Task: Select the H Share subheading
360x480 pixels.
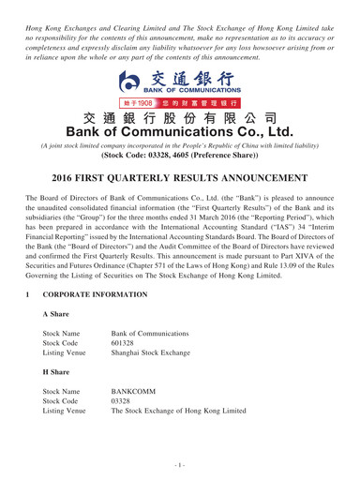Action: pos(58,387)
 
